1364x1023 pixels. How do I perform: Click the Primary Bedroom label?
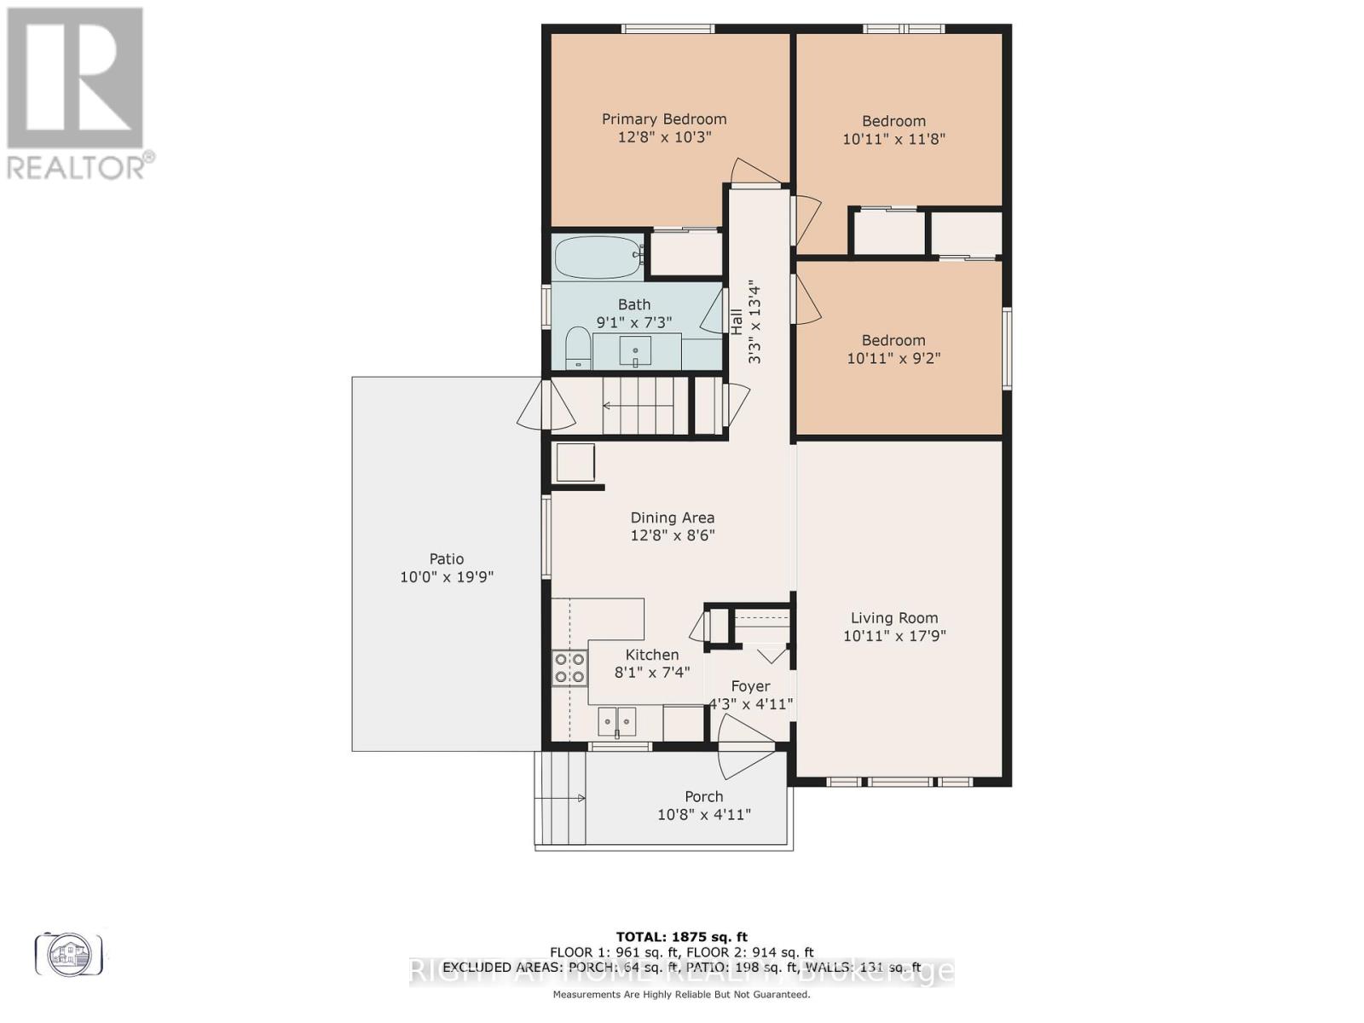[664, 119]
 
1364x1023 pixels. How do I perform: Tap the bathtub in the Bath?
[598, 256]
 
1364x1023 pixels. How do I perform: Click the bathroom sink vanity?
[635, 350]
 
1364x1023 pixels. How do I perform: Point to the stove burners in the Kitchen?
[569, 668]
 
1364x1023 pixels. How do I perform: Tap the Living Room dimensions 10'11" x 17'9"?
[894, 636]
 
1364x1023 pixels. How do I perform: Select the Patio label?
[447, 559]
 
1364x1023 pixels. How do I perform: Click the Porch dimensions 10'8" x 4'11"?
[704, 815]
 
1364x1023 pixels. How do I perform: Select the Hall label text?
[737, 321]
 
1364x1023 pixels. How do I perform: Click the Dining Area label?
[673, 517]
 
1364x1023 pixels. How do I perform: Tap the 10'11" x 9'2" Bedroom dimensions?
[893, 358]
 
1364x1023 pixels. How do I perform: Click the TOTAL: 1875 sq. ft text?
[681, 937]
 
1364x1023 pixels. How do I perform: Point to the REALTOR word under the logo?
[77, 165]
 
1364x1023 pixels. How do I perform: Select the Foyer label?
[750, 686]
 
